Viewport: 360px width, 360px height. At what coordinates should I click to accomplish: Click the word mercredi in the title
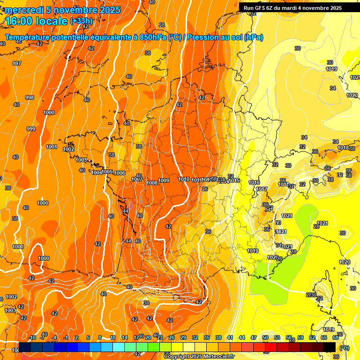click(x=23, y=10)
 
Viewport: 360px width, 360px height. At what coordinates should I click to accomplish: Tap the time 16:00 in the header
click(x=21, y=21)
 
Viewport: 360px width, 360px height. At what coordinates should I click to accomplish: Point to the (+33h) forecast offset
click(x=81, y=21)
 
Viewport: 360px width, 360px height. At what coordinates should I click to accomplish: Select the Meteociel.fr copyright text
click(x=199, y=356)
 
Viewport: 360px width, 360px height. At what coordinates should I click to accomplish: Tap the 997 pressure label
click(x=17, y=63)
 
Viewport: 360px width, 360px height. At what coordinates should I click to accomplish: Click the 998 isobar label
click(x=30, y=97)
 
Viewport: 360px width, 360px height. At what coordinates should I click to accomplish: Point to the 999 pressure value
click(x=31, y=129)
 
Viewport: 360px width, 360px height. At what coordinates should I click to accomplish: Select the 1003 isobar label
click(x=82, y=160)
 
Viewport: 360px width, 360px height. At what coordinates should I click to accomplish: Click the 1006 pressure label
click(x=120, y=173)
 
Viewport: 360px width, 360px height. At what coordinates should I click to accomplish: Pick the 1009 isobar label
click(x=164, y=181)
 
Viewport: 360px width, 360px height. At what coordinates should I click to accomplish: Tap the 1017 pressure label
click(x=262, y=189)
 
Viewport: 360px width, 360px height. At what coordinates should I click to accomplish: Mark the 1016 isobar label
click(x=254, y=182)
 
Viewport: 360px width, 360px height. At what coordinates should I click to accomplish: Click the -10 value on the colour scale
click(x=32, y=338)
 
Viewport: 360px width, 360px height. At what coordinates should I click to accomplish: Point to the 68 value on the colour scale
click(x=336, y=338)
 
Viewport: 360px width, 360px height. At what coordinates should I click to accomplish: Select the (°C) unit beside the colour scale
click(x=344, y=347)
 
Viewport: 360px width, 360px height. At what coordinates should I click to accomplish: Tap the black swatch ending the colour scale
click(x=330, y=347)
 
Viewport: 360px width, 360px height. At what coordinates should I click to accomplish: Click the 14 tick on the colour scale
click(x=125, y=338)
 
